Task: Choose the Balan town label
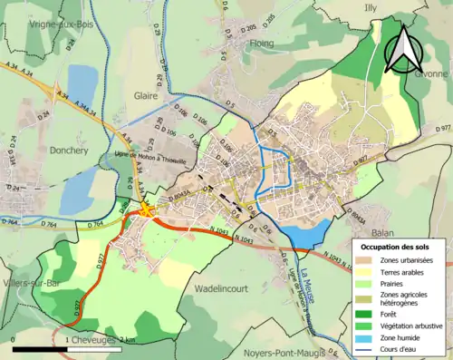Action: (x=333, y=233)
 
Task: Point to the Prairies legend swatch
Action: (x=371, y=282)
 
